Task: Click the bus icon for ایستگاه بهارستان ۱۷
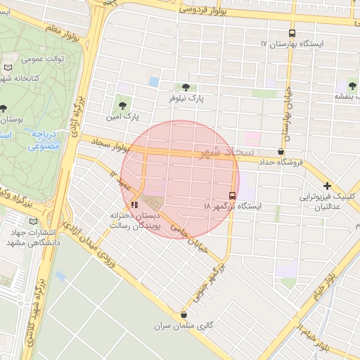pyautogui.click(x=292, y=33)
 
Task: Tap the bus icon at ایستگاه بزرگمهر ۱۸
pyautogui.click(x=232, y=195)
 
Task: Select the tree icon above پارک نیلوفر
pyautogui.click(x=186, y=88)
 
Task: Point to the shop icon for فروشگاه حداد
pyautogui.click(x=281, y=151)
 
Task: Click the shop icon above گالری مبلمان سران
pyautogui.click(x=184, y=315)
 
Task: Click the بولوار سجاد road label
pyautogui.click(x=105, y=144)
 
